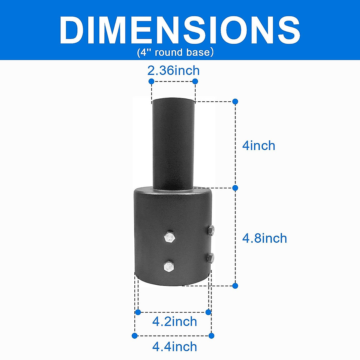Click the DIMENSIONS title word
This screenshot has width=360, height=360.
[x=180, y=30]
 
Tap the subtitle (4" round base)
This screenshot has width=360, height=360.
[x=175, y=52]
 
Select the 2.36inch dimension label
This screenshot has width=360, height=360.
[x=173, y=71]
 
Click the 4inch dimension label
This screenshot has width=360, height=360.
[x=259, y=146]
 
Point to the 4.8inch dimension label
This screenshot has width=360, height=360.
[x=264, y=238]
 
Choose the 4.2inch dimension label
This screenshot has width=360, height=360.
[x=174, y=322]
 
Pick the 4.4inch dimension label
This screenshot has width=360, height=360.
[x=174, y=347]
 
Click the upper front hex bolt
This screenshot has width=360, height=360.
[x=169, y=238]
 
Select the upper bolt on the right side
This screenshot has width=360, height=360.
[x=211, y=230]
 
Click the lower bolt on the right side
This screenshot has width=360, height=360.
[x=211, y=257]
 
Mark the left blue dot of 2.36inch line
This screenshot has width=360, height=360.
[x=151, y=81]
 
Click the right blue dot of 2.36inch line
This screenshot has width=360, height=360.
[x=195, y=81]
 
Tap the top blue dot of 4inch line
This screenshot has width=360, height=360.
[x=235, y=102]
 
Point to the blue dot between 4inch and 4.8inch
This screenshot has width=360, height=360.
[x=235, y=188]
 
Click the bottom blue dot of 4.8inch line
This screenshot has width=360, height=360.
[x=235, y=286]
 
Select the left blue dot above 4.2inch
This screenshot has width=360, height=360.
[x=138, y=312]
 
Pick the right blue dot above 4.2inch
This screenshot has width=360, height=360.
[x=208, y=312]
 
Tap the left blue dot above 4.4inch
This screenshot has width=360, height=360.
[x=135, y=335]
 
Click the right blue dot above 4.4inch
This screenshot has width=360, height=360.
[x=211, y=335]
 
